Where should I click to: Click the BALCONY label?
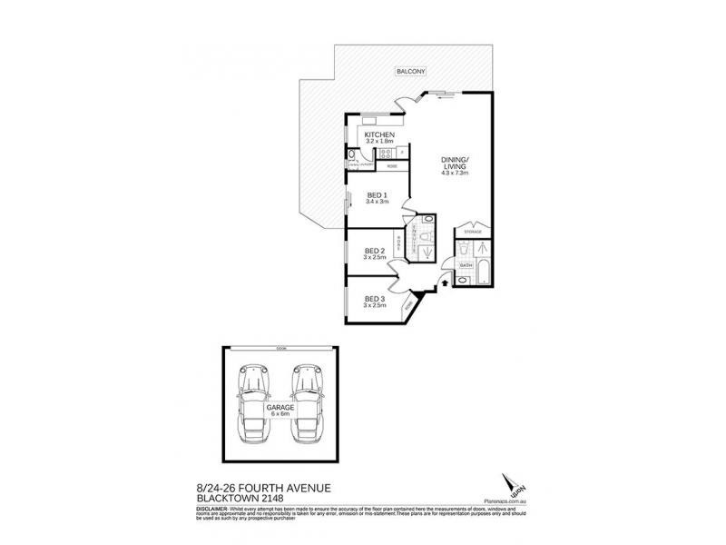click(x=411, y=71)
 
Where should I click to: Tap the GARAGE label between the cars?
click(x=279, y=409)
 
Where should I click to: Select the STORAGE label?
click(x=472, y=233)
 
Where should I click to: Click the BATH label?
click(x=466, y=264)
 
